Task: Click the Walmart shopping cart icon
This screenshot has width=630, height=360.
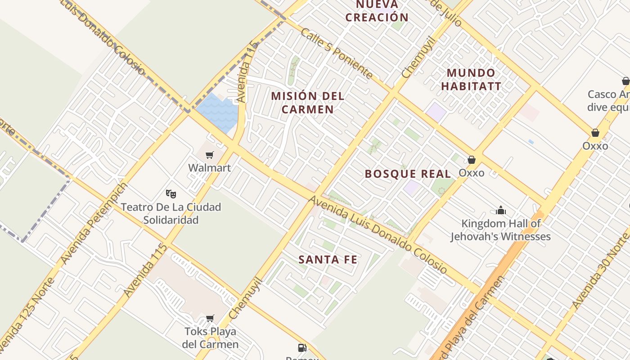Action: (209, 155)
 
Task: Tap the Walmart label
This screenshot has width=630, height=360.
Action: (209, 168)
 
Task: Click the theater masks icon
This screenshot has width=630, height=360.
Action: (171, 194)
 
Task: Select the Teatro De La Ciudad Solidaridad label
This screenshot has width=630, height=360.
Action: (171, 213)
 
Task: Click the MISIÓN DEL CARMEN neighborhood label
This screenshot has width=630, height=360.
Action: (308, 103)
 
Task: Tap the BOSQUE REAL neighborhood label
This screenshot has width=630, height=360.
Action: (408, 174)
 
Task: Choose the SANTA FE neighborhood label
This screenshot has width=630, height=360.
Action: (328, 260)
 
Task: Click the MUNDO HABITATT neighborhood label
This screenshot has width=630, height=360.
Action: (471, 79)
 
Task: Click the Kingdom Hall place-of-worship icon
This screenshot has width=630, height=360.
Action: (501, 210)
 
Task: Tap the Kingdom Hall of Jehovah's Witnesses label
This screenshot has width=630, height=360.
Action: (501, 230)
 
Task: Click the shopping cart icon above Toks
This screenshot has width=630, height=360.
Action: (210, 319)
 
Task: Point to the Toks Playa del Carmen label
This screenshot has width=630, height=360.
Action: (210, 338)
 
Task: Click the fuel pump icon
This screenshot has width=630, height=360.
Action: (302, 347)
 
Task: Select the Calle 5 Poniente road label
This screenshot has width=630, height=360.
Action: (336, 54)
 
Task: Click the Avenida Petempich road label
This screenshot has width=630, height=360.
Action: (94, 223)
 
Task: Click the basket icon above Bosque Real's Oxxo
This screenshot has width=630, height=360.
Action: (471, 160)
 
